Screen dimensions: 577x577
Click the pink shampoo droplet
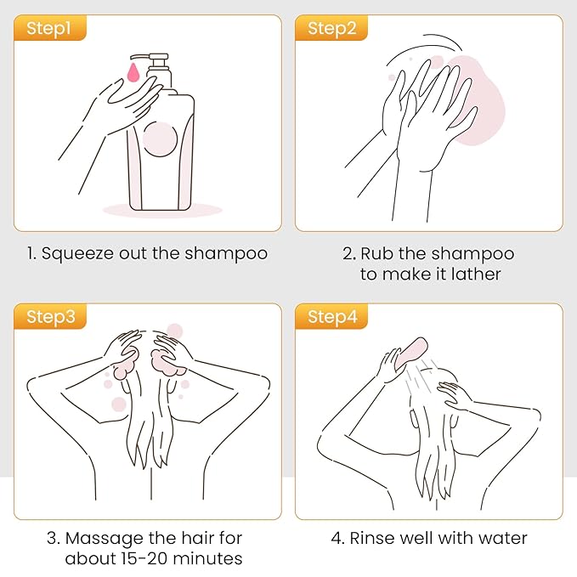[133, 71]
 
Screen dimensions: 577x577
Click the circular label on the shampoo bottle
[159, 139]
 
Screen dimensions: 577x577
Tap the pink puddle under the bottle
[161, 209]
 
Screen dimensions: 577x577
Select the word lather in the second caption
[478, 274]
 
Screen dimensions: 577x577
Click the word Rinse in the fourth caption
[361, 538]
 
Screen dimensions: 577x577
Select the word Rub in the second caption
[376, 253]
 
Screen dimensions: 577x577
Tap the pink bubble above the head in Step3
[174, 331]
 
